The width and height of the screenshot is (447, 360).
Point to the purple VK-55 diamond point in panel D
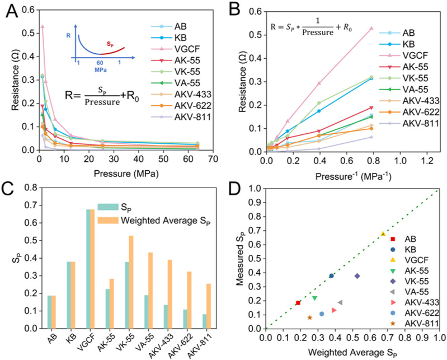point(357,276)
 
